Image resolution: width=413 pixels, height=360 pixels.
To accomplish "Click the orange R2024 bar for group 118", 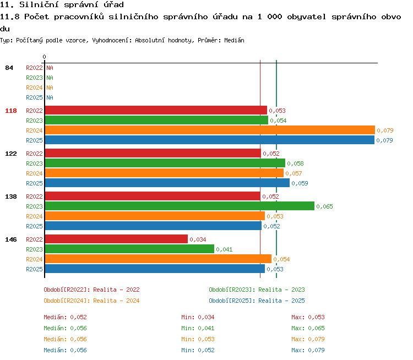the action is coord(210,130).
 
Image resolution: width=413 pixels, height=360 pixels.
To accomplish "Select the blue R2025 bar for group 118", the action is coord(210,140).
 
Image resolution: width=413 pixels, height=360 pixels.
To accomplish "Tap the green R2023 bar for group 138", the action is coord(180,206).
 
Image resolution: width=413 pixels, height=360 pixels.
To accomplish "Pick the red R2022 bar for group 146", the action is coord(116,239).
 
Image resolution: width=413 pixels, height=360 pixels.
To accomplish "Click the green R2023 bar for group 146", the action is coord(129,249).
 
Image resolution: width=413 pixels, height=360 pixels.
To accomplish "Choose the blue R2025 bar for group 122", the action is coord(167,183).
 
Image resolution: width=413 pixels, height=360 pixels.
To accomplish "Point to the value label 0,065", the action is coord(324,206).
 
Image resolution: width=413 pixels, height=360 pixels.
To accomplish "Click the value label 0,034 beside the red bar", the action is coord(198,239).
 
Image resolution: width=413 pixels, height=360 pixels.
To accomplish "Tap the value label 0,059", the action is coord(300,183).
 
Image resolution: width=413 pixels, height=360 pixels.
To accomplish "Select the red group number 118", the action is coord(11,111).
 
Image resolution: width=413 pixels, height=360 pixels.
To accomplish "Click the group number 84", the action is coord(9,68).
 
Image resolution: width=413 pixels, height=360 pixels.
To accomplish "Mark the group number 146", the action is coord(11,239).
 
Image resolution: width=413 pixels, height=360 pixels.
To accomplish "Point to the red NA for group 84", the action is coord(50,68).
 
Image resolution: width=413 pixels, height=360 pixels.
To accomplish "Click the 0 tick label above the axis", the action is coord(44,57).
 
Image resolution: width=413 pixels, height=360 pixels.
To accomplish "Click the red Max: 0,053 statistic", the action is coord(308,317).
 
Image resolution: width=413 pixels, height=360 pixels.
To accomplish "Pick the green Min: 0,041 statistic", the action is coord(198,328).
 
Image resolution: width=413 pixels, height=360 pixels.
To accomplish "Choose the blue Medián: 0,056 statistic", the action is coord(66,350).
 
